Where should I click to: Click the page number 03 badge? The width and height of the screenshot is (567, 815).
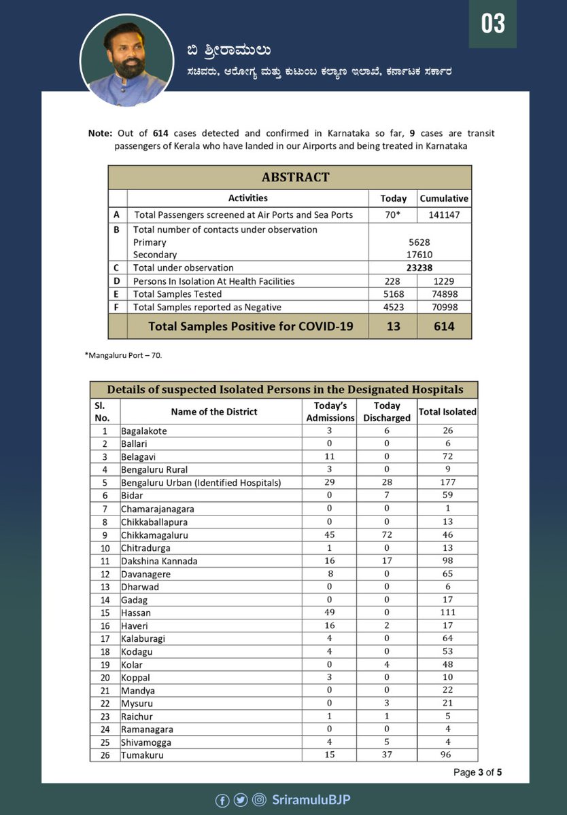494,24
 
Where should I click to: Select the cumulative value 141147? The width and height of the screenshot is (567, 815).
444,215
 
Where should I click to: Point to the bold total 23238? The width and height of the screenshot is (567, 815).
419,268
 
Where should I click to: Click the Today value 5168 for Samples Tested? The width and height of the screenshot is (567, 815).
393,294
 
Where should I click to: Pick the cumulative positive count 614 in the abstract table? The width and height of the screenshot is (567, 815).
444,326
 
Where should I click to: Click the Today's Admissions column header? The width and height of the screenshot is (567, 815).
330,412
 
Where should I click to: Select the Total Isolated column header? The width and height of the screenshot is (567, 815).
447,412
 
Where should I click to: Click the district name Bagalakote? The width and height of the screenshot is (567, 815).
144,431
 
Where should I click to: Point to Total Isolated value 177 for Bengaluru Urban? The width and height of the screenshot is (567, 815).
447,483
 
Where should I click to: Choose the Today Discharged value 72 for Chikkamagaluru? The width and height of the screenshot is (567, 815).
387,535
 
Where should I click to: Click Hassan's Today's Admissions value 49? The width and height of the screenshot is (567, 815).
330,613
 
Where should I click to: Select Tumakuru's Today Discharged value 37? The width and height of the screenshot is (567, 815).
387,755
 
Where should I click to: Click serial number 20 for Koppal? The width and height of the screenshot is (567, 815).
105,677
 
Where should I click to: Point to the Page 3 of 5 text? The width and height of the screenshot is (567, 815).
478,772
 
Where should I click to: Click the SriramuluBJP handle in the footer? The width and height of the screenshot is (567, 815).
311,800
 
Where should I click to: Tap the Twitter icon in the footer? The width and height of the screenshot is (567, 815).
241,800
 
